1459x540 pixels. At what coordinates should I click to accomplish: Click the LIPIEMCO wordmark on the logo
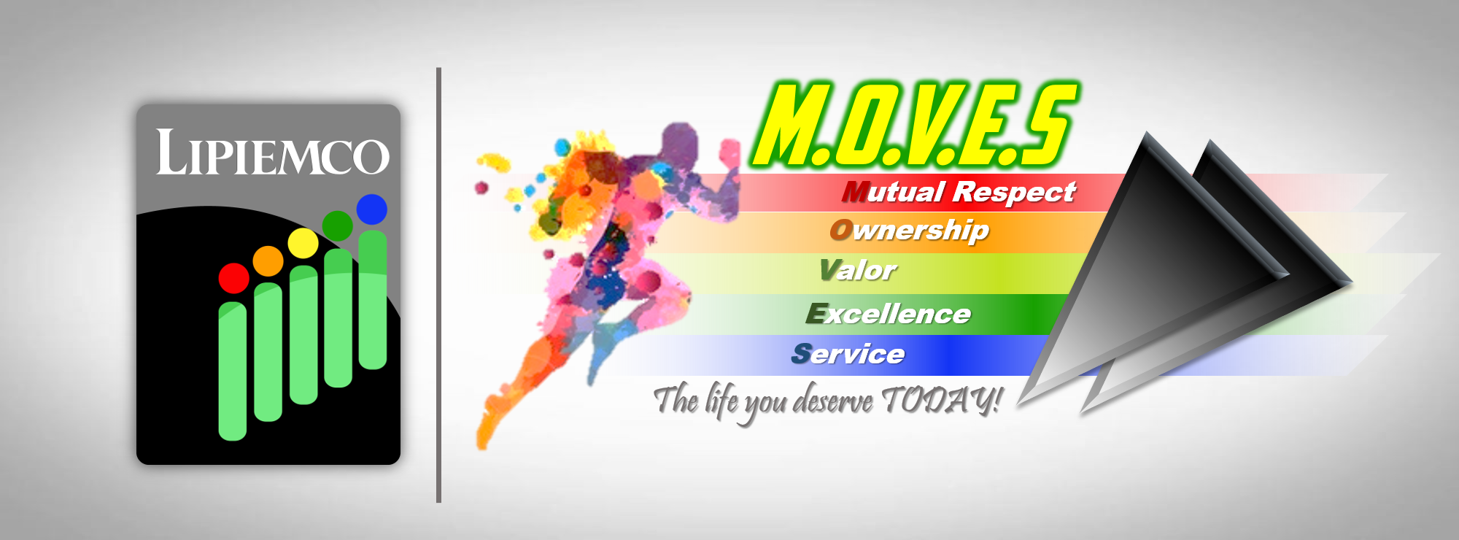(272, 153)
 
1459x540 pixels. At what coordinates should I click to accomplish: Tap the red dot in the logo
(234, 278)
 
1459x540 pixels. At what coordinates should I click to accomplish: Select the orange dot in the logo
(268, 261)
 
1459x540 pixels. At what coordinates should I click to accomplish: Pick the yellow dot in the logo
(303, 243)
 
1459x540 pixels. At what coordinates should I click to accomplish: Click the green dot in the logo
(338, 225)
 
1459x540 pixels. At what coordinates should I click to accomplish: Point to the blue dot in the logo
(372, 209)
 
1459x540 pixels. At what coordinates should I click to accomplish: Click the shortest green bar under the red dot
(233, 371)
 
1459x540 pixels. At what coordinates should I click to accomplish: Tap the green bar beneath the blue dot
(373, 300)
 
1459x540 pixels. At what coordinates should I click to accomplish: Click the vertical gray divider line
(439, 285)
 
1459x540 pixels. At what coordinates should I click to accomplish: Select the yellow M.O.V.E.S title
(915, 124)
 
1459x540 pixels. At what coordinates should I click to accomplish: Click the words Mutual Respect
(959, 192)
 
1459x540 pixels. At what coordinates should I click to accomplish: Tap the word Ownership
(910, 231)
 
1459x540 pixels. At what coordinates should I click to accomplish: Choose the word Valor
(858, 270)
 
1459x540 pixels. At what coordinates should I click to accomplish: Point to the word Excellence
(889, 314)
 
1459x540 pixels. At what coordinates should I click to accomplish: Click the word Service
(848, 354)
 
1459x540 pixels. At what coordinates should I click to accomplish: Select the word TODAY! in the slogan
(942, 401)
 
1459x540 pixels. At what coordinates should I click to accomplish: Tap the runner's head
(679, 142)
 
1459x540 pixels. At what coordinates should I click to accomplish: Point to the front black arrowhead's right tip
(1288, 274)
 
